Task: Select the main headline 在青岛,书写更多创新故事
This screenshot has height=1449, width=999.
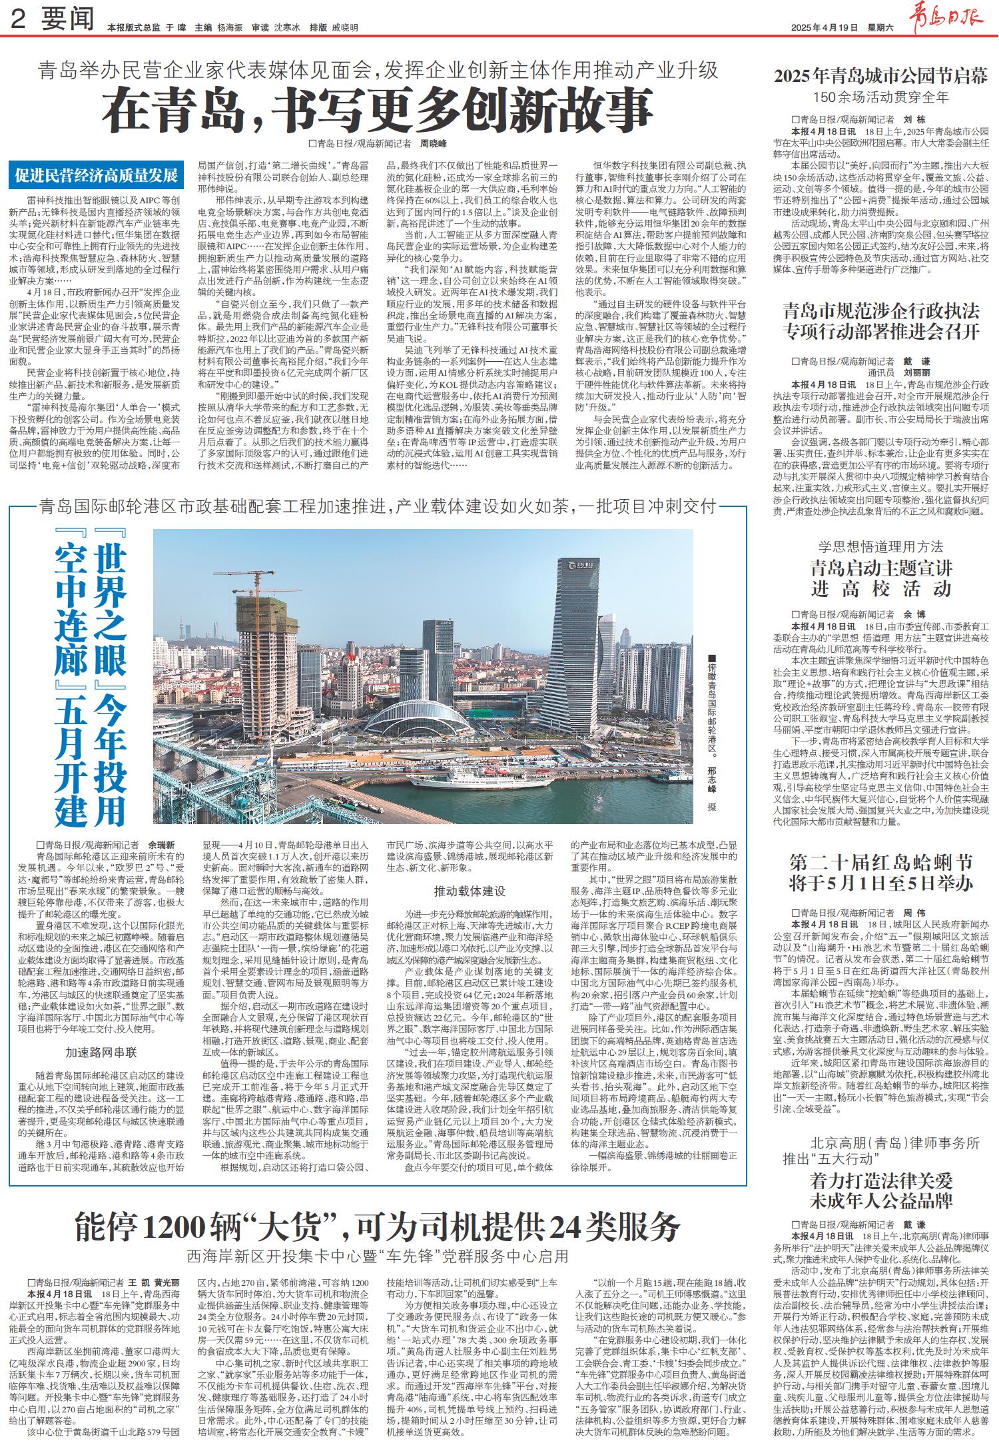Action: (x=377, y=111)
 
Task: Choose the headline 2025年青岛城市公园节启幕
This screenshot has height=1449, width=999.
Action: (x=880, y=75)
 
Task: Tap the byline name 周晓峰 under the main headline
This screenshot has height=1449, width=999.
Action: (x=434, y=143)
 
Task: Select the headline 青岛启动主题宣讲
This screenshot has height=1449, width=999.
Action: (x=880, y=568)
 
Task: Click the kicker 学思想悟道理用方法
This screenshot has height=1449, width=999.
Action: (x=880, y=547)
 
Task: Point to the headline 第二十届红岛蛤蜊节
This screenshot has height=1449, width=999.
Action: (x=880, y=863)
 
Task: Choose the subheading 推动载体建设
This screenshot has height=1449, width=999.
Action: (x=470, y=891)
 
